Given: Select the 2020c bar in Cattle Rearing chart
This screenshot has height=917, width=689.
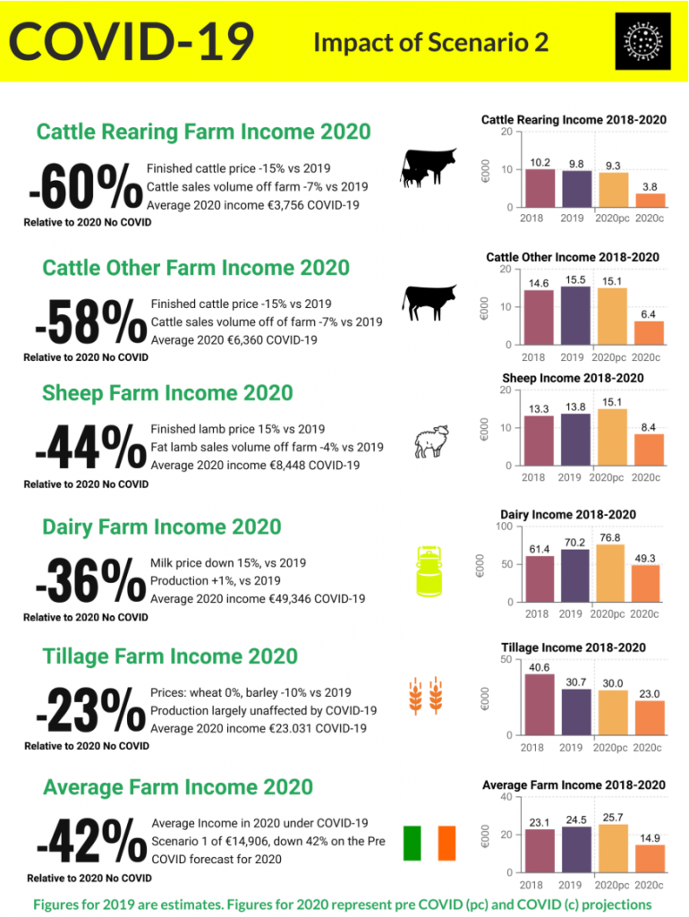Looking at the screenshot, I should (651, 200).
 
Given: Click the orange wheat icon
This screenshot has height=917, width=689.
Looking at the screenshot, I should (428, 698).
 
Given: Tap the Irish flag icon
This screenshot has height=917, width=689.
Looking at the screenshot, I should (430, 843).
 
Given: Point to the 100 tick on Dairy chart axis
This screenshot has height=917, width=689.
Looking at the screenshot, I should (504, 527).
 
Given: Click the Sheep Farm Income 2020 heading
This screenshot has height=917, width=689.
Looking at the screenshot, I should (167, 393).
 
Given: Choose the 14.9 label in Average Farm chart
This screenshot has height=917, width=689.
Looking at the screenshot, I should (651, 838).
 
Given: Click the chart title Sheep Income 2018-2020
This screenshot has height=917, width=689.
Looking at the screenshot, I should (573, 378).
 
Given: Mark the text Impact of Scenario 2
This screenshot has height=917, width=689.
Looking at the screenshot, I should (430, 43).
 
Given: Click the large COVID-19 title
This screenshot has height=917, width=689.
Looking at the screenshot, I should (132, 41).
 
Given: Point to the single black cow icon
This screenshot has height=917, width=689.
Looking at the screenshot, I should (430, 303).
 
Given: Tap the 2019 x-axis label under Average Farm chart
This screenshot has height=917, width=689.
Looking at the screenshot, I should (571, 885).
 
